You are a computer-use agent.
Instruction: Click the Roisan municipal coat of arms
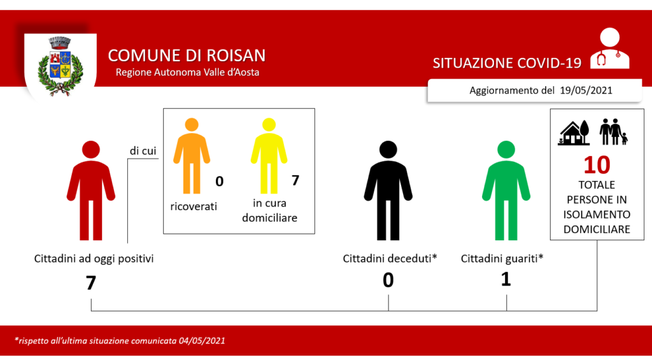tap(60, 67)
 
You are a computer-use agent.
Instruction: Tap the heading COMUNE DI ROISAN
tap(187, 55)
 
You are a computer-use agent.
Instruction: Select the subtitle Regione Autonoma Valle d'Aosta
tap(188, 73)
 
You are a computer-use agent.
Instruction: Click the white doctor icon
tap(609, 48)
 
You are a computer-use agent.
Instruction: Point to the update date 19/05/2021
tap(586, 90)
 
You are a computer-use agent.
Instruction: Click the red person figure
tap(91, 191)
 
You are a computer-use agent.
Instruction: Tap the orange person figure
tap(192, 156)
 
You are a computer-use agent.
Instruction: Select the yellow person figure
tap(269, 156)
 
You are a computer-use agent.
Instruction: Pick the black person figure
tap(388, 191)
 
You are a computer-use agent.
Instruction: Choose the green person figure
tap(506, 191)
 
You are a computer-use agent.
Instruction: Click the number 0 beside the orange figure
tap(219, 182)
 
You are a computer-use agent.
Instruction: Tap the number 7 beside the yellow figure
tap(295, 180)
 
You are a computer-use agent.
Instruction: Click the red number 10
tap(597, 165)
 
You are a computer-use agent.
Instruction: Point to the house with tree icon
tap(574, 133)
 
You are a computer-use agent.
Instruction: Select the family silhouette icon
tap(613, 132)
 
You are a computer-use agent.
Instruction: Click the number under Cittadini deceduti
tap(388, 280)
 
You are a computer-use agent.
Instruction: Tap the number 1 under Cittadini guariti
tap(506, 279)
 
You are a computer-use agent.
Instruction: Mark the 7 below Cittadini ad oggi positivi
tap(91, 283)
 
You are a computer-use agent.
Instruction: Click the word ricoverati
tap(194, 206)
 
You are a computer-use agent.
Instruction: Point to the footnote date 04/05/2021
tap(202, 341)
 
